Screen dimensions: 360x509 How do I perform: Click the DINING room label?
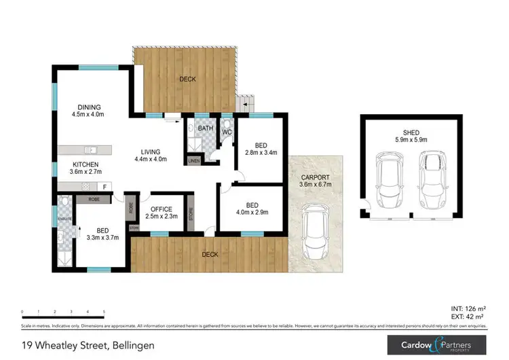pyautogui.click(x=89, y=107)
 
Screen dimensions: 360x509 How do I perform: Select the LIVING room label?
pyautogui.click(x=150, y=151)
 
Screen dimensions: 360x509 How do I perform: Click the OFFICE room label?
pyautogui.click(x=162, y=209)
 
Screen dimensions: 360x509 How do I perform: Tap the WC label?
pyautogui.click(x=227, y=131)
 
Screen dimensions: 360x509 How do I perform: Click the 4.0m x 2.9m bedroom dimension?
pyautogui.click(x=251, y=212)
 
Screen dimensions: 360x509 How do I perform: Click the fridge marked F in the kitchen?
pyautogui.click(x=105, y=186)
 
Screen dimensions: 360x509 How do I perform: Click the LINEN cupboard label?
pyautogui.click(x=194, y=160)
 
